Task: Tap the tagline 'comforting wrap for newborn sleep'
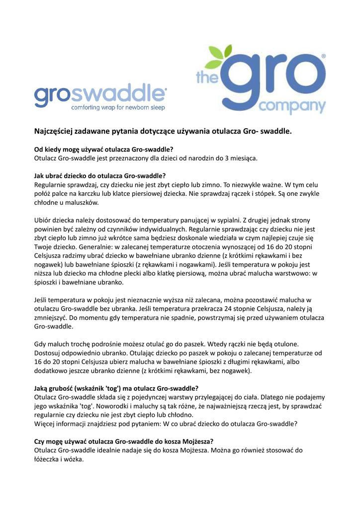[118, 107]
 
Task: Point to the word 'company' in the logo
[293, 106]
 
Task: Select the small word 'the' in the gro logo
[205, 78]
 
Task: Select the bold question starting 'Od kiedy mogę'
[103, 149]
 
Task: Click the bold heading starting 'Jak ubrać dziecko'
[99, 175]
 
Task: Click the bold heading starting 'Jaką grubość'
[116, 388]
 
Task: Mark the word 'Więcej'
[44, 424]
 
